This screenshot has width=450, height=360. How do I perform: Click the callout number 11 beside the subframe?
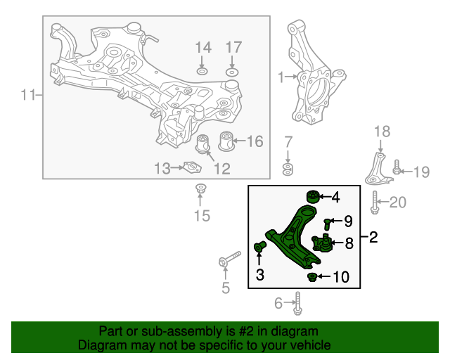coord(28,95)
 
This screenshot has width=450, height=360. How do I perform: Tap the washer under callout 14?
coord(202,71)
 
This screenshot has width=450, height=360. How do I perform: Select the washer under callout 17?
coord(232,72)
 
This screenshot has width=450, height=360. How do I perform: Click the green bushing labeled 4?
coord(312,197)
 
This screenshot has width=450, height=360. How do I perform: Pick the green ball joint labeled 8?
coord(322,243)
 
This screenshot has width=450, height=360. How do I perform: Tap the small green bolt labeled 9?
coord(327,224)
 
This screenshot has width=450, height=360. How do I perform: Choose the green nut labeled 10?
coord(311,277)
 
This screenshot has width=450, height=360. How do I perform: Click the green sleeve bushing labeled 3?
coord(259,246)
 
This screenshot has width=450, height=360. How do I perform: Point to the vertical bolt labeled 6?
coord(298,303)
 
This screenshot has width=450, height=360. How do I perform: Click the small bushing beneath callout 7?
coord(288,169)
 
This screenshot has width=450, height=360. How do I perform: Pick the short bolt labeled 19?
coord(397,167)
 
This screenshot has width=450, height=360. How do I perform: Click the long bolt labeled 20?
coord(375,202)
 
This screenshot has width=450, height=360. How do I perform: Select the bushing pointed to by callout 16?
coord(226,141)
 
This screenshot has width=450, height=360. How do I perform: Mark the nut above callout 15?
coord(200,188)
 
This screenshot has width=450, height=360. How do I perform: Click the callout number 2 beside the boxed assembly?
coord(373,237)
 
